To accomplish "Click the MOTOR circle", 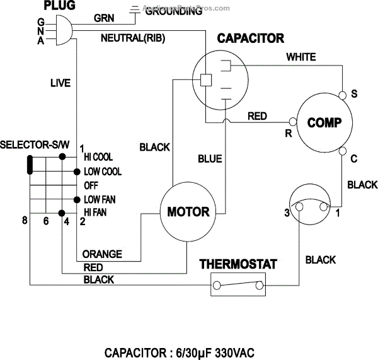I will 188,211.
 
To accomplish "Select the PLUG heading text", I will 60,6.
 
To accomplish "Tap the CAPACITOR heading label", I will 250,39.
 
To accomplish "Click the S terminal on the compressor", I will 343,95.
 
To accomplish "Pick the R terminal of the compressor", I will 292,120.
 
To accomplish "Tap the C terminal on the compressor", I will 343,150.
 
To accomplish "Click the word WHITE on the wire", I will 301,57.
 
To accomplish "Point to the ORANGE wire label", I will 101,254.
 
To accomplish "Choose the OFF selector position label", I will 91,185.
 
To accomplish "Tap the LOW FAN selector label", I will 99,199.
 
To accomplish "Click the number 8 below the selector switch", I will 25,221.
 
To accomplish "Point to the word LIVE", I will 60,83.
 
